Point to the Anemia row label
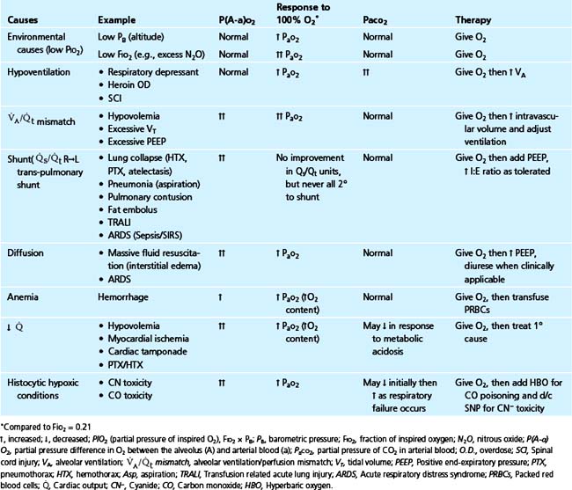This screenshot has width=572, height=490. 24,298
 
